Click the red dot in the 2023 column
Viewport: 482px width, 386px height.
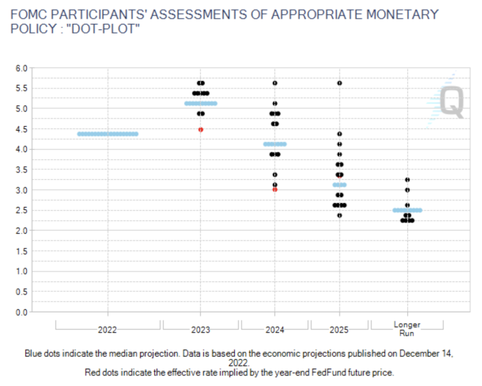[x=200, y=130]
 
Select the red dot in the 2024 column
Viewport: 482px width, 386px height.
[x=275, y=190]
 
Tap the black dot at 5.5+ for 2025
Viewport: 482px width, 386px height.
[x=339, y=83]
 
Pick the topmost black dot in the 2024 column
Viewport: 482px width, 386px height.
[x=275, y=83]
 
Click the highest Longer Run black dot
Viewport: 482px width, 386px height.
[x=407, y=180]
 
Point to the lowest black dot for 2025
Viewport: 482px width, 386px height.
[x=339, y=215]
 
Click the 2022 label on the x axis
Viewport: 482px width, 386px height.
[x=107, y=330]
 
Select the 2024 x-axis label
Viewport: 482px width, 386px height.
[x=275, y=330]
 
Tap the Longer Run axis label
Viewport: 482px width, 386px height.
[x=407, y=329]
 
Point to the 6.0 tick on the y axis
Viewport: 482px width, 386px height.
[x=22, y=68]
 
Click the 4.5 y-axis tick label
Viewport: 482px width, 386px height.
[x=22, y=129]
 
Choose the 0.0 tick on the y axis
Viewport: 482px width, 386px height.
[x=22, y=312]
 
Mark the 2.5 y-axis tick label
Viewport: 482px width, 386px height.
[x=22, y=210]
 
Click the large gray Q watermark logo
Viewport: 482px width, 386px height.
[x=451, y=103]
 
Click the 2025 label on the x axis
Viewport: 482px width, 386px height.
[x=339, y=330]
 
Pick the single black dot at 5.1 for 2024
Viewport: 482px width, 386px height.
[x=275, y=103]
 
